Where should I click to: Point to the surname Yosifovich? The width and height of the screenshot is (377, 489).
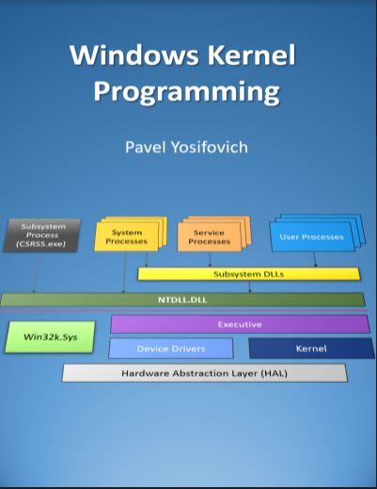(x=212, y=148)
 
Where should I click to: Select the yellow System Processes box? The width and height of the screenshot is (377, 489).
(x=126, y=236)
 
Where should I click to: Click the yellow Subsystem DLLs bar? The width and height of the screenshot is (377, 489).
(x=248, y=275)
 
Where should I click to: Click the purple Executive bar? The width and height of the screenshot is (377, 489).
(x=240, y=323)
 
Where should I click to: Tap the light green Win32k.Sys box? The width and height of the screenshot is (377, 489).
(x=50, y=338)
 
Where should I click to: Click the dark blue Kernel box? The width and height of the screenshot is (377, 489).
(x=311, y=349)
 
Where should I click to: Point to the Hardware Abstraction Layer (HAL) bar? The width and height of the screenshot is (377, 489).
(x=204, y=372)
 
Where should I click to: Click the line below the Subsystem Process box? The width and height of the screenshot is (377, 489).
(x=36, y=273)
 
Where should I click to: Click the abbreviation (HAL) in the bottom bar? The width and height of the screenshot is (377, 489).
(x=271, y=372)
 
